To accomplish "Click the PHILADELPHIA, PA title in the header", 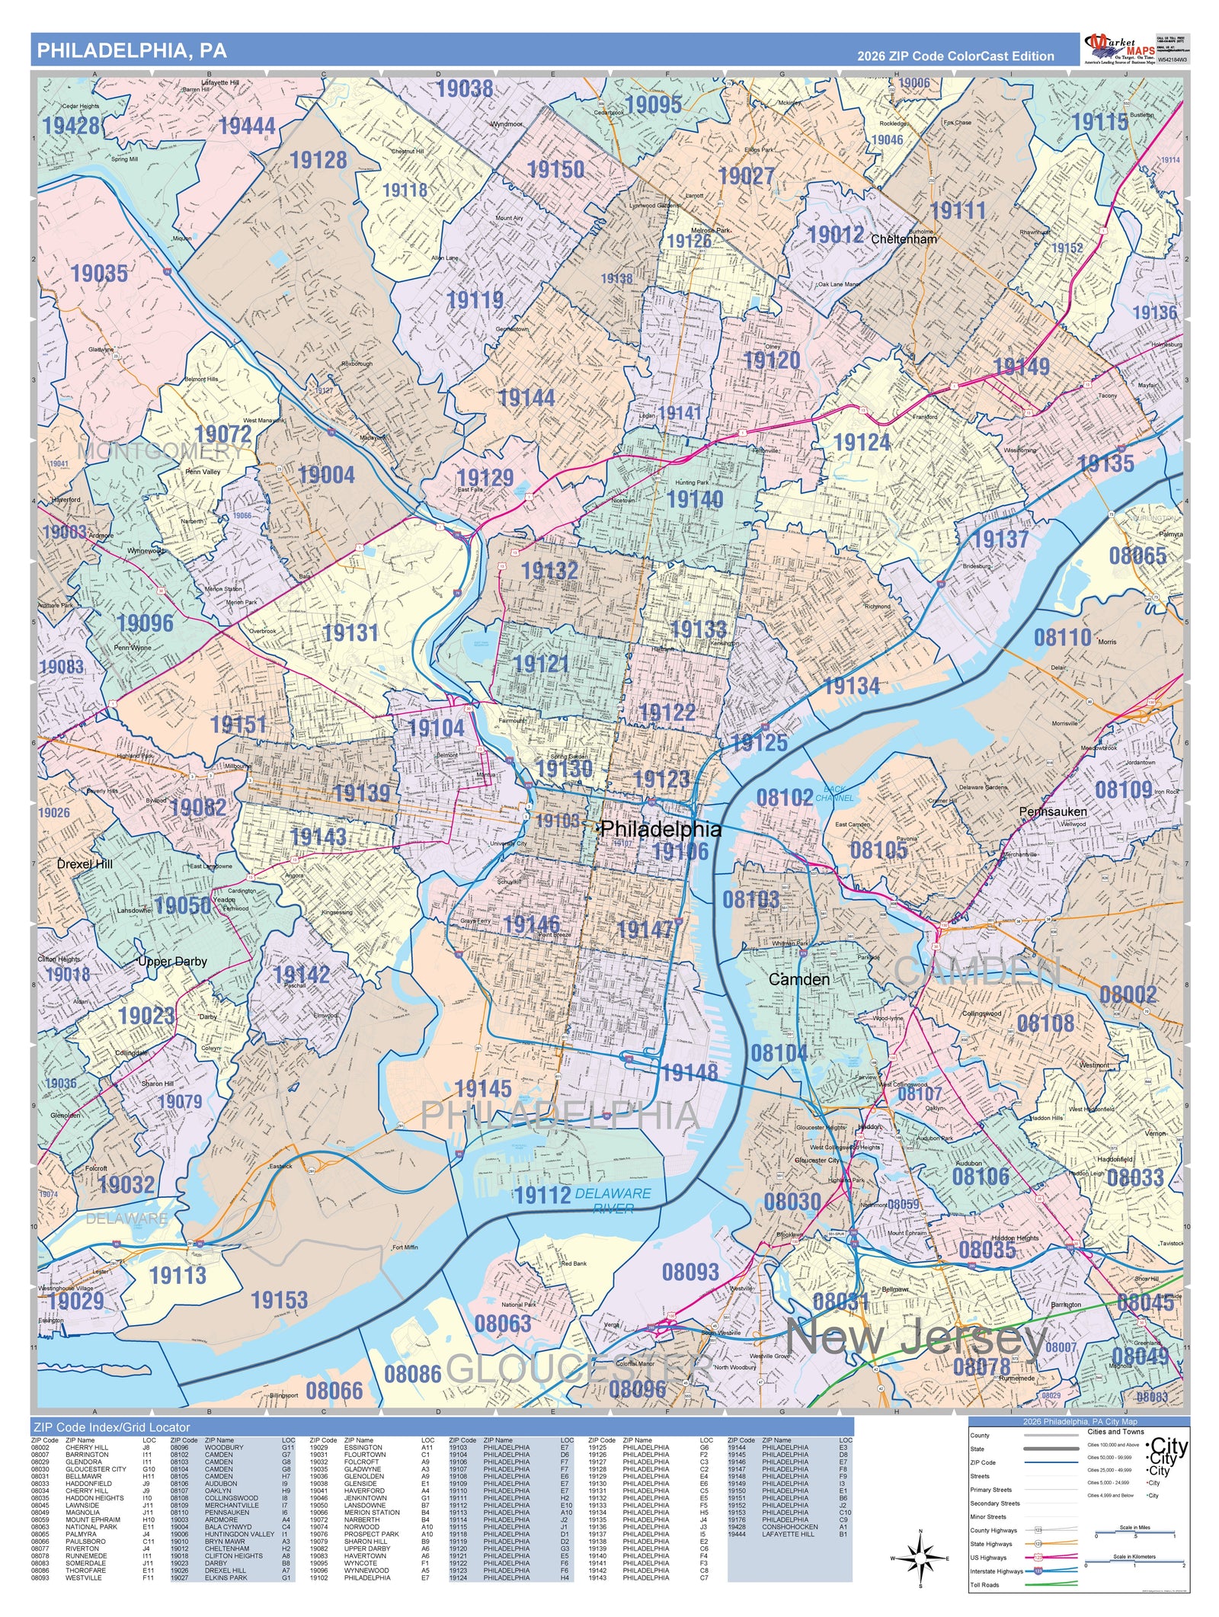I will (x=132, y=50).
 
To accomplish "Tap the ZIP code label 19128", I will (x=318, y=160).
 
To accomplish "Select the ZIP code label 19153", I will (x=280, y=1300).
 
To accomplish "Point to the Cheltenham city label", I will (x=904, y=239).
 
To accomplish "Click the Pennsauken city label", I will (x=1053, y=812).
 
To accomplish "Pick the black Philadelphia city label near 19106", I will (x=660, y=829).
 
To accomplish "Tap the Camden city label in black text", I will (x=798, y=979).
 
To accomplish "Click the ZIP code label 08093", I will (x=690, y=1272).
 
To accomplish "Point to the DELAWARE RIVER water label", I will (x=613, y=1201).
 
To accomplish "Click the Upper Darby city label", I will (x=172, y=962).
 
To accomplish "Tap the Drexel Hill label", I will (x=85, y=863).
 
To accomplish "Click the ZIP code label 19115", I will (x=1099, y=122).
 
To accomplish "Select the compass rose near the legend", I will (x=920, y=1558).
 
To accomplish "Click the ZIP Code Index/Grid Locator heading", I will (x=110, y=1427).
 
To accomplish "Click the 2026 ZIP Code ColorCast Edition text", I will (x=955, y=56).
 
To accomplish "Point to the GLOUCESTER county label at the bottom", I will (x=579, y=1369).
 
